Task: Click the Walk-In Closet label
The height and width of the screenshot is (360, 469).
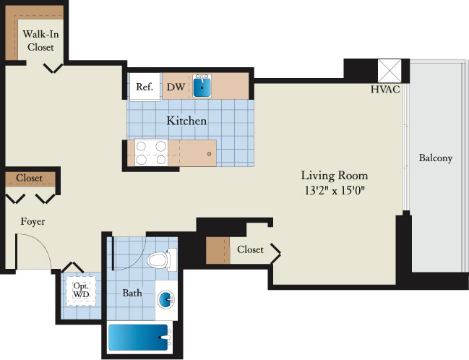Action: pyautogui.click(x=40, y=40)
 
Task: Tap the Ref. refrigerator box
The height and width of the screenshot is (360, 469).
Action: pyautogui.click(x=145, y=87)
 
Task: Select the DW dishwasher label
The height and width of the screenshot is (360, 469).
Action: pyautogui.click(x=176, y=87)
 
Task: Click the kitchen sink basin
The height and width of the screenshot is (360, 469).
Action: pyautogui.click(x=202, y=87)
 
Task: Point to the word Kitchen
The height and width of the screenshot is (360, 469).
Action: pyautogui.click(x=186, y=121)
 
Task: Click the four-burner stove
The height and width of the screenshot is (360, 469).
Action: pyautogui.click(x=151, y=153)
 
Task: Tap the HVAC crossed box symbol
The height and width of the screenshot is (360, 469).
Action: pyautogui.click(x=390, y=71)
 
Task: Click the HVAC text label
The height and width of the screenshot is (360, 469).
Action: pyautogui.click(x=385, y=89)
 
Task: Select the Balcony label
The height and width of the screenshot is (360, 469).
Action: pyautogui.click(x=436, y=158)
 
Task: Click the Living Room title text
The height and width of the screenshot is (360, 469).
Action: pyautogui.click(x=335, y=176)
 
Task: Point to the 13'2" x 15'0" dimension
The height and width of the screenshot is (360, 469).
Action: pyautogui.click(x=335, y=190)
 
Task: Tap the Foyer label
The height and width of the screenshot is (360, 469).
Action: pyautogui.click(x=33, y=222)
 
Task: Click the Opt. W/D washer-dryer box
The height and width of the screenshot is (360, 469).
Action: pyautogui.click(x=81, y=291)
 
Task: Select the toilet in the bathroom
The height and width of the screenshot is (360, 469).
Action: pyautogui.click(x=162, y=260)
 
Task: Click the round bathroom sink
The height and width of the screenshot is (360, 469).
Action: pyautogui.click(x=165, y=300)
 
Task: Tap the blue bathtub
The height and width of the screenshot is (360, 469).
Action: pyautogui.click(x=138, y=338)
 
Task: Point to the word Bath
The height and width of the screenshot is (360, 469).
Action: pyautogui.click(x=132, y=293)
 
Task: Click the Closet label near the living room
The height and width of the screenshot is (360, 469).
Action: pyautogui.click(x=250, y=249)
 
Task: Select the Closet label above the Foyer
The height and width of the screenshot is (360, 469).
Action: pyautogui.click(x=30, y=178)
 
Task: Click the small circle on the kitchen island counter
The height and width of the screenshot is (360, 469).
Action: pyautogui.click(x=209, y=154)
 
